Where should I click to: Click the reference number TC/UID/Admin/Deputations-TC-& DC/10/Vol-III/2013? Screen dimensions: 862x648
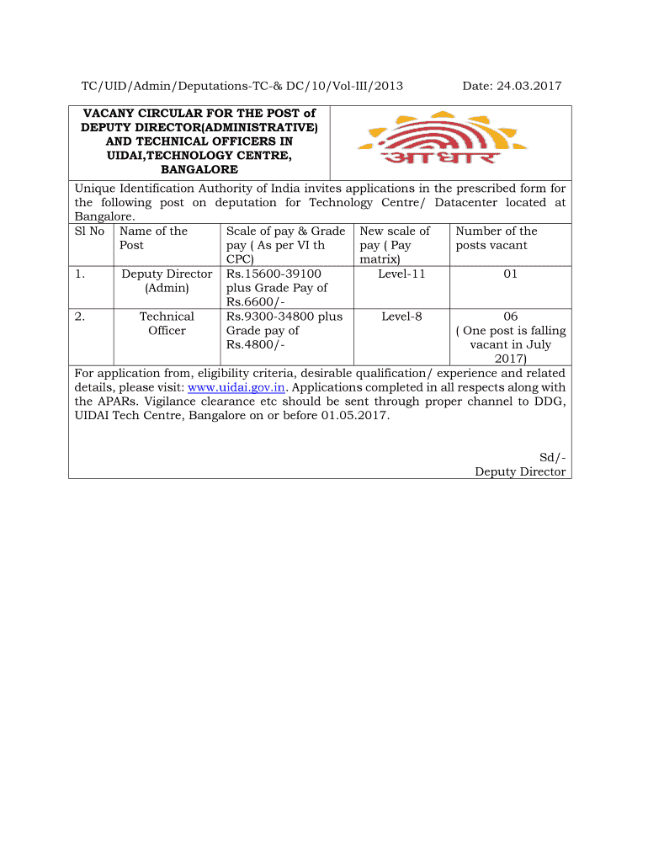pyautogui.click(x=242, y=86)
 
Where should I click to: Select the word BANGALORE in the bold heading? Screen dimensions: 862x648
pyautogui.click(x=199, y=170)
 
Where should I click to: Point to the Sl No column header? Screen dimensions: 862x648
pyautogui.click(x=89, y=231)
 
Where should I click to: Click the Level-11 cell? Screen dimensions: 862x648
pyautogui.click(x=401, y=274)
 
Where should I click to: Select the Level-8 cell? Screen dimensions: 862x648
pyautogui.click(x=401, y=317)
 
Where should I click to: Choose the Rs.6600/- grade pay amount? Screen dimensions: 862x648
pyautogui.click(x=251, y=302)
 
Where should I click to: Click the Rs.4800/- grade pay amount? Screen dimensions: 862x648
pyautogui.click(x=251, y=345)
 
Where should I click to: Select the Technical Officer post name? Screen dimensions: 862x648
pyautogui.click(x=167, y=323)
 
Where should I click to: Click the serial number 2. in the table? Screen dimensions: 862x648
pyautogui.click(x=79, y=317)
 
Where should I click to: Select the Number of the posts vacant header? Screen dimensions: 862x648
pyautogui.click(x=497, y=238)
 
